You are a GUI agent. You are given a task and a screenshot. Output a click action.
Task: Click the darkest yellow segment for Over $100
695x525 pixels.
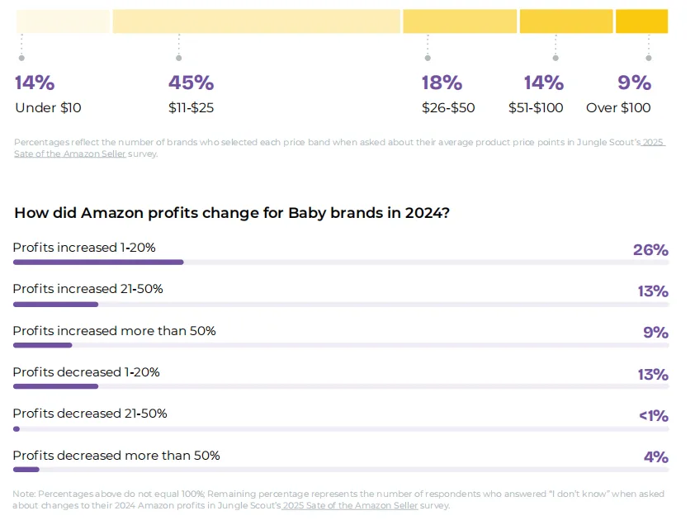coord(642,21)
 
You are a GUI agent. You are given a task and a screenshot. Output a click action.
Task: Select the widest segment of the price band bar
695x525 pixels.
coord(256,21)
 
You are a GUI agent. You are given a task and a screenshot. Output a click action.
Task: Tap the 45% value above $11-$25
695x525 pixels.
coord(191,83)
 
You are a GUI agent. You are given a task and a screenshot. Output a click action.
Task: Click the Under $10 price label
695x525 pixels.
coord(49,108)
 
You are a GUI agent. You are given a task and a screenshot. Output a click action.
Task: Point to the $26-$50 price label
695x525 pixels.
coord(448,108)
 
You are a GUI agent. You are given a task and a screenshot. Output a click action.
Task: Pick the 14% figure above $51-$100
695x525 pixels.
coord(544,83)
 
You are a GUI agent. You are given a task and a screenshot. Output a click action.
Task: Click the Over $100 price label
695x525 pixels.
coord(618,108)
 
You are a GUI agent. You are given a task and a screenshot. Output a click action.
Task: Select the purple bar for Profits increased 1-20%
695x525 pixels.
coord(98,262)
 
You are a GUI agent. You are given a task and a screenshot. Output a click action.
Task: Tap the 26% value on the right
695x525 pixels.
coord(650,250)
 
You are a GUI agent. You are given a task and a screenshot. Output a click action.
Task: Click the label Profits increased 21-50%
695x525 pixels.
coord(87,289)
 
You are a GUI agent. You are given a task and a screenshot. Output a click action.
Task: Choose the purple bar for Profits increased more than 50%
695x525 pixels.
coord(43,345)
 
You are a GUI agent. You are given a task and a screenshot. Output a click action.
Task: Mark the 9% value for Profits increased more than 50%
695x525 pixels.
coord(656,333)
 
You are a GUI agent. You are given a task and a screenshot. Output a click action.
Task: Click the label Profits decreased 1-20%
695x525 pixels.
coord(86,372)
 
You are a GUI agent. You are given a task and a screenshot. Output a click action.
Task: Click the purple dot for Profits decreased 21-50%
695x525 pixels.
coord(17,429)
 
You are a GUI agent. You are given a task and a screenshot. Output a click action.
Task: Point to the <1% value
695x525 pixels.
coord(654,416)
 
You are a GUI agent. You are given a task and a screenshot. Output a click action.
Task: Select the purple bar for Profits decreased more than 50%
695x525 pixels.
coord(26,470)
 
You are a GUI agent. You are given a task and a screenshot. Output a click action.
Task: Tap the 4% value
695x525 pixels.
coord(656,457)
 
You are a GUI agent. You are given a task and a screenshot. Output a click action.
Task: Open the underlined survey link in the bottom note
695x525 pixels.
coord(350,505)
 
